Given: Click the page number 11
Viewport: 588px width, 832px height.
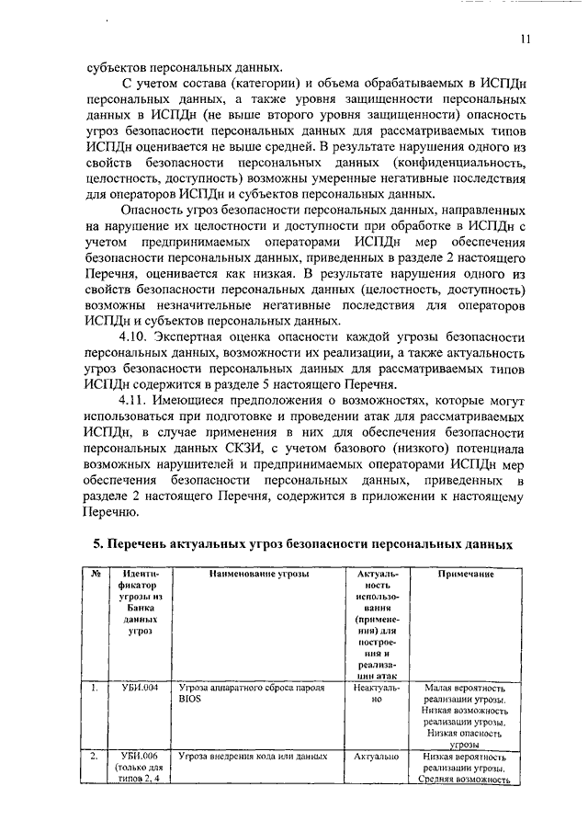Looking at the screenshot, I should click(x=524, y=39).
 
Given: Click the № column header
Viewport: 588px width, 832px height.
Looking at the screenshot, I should click(x=96, y=575).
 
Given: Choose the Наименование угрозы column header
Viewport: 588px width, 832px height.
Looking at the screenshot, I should click(x=258, y=575).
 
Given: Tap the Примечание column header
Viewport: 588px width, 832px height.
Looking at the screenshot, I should click(x=466, y=575).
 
